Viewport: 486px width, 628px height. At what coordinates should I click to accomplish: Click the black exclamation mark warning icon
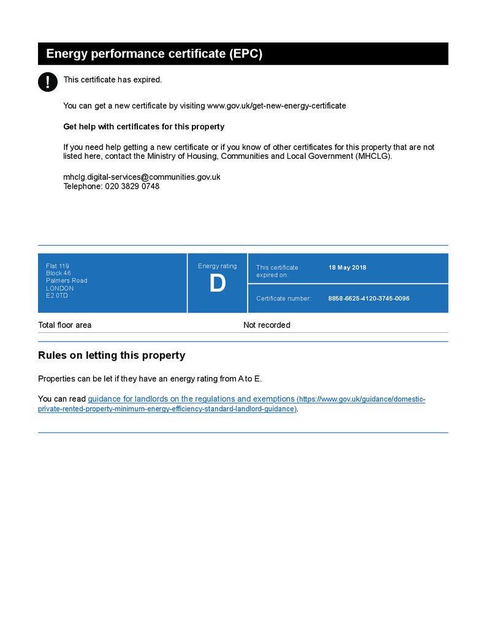click(x=48, y=82)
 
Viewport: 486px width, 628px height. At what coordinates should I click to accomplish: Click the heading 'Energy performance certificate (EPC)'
click(x=154, y=54)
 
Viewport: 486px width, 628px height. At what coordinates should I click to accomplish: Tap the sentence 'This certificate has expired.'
click(x=113, y=80)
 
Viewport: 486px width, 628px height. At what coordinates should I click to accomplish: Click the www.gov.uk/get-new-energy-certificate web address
click(x=276, y=105)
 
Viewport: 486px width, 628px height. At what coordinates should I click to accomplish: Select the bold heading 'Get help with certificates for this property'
click(x=144, y=127)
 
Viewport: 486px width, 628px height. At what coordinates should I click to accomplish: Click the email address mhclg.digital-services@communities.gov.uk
click(x=142, y=177)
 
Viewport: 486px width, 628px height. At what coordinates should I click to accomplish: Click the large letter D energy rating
click(x=218, y=284)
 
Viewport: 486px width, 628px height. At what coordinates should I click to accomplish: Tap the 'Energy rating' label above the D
click(x=217, y=266)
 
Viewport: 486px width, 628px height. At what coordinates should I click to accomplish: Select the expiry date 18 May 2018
click(x=347, y=267)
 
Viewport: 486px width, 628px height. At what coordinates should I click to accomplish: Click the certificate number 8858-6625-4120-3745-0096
click(x=369, y=299)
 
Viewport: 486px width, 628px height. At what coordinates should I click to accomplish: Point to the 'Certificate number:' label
click(x=284, y=299)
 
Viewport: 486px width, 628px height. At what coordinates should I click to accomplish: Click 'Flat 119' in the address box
click(x=58, y=266)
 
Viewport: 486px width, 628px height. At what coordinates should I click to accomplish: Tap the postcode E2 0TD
click(x=57, y=296)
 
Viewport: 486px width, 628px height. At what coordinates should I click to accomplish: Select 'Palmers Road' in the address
click(x=67, y=281)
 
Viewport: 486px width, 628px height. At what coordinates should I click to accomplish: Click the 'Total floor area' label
click(x=64, y=325)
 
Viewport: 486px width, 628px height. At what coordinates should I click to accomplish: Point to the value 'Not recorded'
click(x=267, y=325)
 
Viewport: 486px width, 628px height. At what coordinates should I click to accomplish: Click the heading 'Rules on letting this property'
click(x=112, y=356)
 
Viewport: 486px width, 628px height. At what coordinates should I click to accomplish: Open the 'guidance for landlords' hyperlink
click(x=191, y=399)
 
